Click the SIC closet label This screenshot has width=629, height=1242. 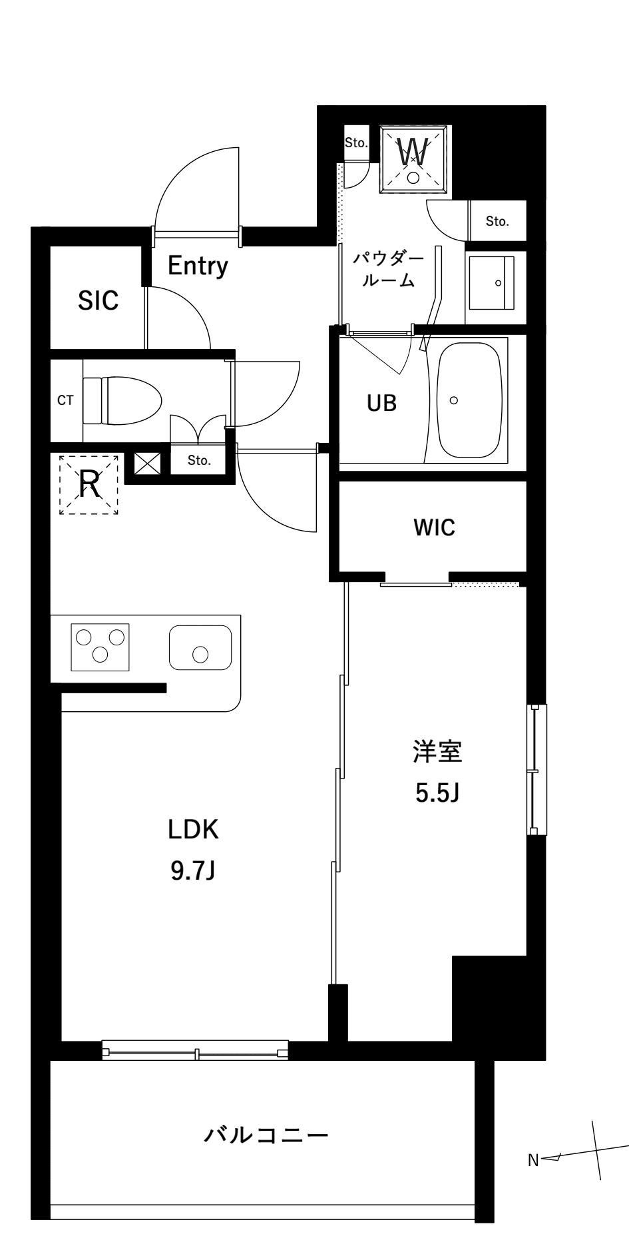click(x=98, y=301)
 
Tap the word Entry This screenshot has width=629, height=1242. click(x=197, y=266)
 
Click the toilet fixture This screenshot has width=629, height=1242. click(x=122, y=400)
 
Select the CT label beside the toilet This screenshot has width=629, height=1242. click(x=65, y=400)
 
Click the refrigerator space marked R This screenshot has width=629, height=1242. click(x=89, y=485)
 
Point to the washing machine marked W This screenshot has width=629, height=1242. click(x=413, y=158)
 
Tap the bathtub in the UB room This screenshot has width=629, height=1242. click(x=469, y=400)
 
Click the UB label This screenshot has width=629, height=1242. click(x=382, y=402)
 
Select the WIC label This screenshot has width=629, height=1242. click(x=434, y=527)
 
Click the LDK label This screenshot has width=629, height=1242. click(x=192, y=830)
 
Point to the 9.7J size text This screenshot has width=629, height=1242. click(x=192, y=870)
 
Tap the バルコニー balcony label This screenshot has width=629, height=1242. click(x=266, y=1133)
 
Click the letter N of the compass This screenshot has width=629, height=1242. click(x=532, y=1161)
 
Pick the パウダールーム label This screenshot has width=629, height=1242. click(x=388, y=269)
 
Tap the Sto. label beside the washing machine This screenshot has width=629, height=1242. click(x=356, y=143)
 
